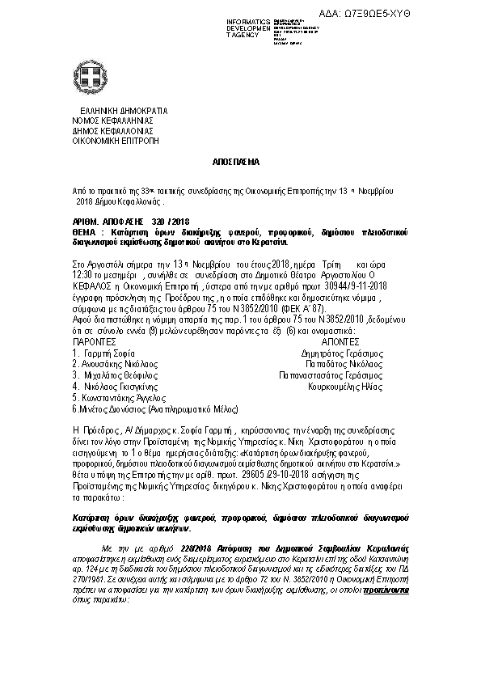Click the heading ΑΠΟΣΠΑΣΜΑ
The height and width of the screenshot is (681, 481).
[240, 162]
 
